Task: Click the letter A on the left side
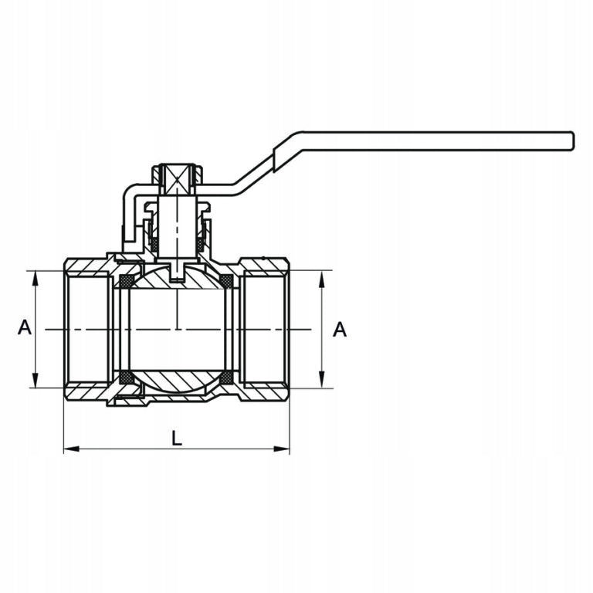click(25, 327)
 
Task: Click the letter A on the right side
click(340, 330)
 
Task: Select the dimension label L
click(177, 439)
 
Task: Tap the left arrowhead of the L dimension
click(72, 449)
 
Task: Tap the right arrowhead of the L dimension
click(282, 449)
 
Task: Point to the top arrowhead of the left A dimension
click(36, 279)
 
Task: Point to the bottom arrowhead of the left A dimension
click(36, 380)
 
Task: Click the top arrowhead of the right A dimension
click(322, 279)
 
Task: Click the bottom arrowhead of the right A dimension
click(322, 380)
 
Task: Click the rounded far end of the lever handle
click(573, 141)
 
